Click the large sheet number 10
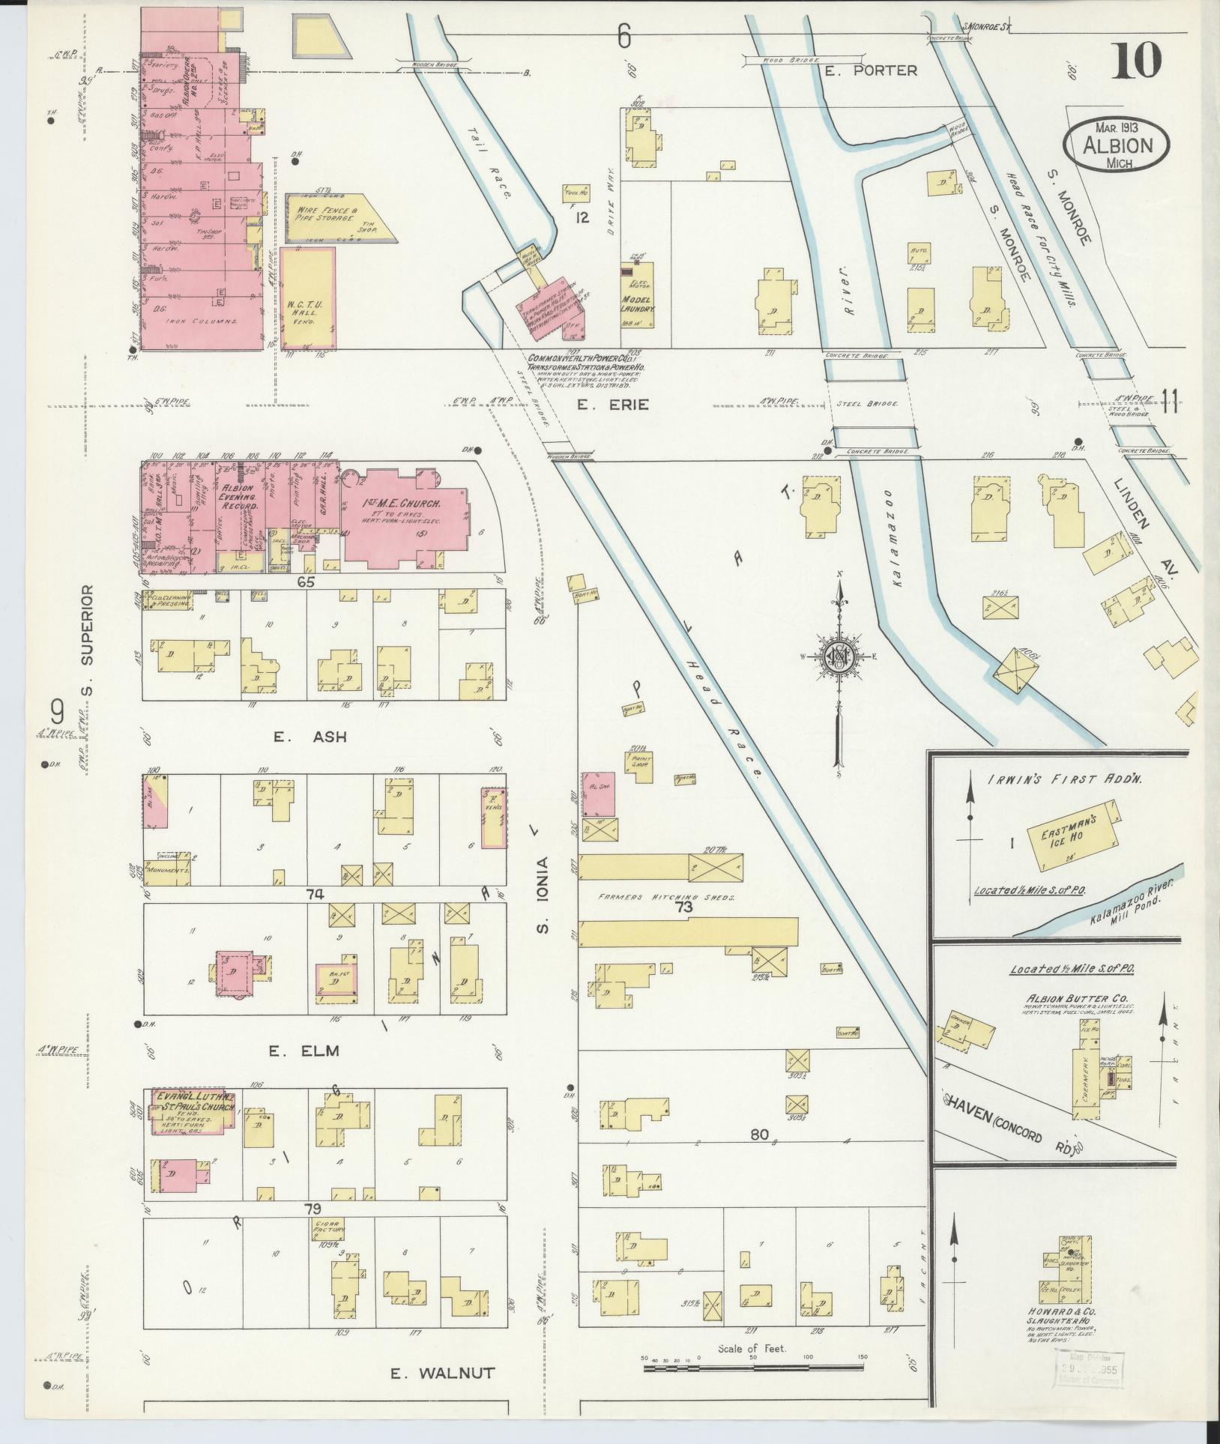pyautogui.click(x=1137, y=61)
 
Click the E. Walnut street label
pyautogui.click(x=443, y=1373)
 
